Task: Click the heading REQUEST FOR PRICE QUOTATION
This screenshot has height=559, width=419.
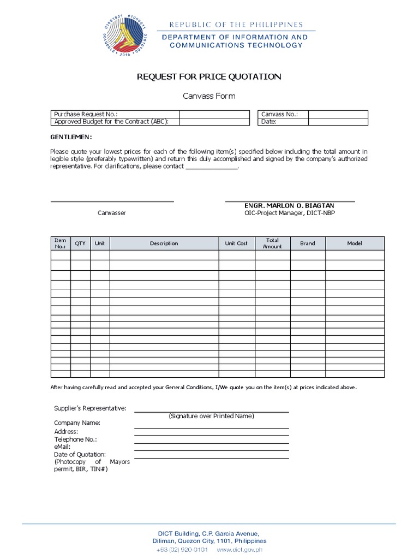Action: coord(209,77)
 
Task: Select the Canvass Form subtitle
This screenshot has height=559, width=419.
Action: coord(209,96)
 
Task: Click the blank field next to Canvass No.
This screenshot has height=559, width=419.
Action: coord(338,114)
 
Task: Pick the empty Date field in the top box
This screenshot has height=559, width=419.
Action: coord(338,122)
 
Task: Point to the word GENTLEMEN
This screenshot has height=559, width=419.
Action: coord(71,136)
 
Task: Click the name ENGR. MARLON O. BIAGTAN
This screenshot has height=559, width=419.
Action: coord(290,205)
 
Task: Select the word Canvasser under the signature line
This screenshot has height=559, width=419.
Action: coord(111,213)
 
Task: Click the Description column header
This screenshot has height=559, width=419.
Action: coord(164,243)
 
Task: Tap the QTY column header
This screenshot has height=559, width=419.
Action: coord(80,243)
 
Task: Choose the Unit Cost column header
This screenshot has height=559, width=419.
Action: coord(236,243)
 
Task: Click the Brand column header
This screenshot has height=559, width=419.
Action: coord(308,243)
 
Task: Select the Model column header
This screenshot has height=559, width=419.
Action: coord(355,243)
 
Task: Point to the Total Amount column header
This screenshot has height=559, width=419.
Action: coord(272,243)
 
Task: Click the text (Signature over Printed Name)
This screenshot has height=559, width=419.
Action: coord(211,416)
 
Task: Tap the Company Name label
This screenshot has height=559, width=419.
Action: coord(77,423)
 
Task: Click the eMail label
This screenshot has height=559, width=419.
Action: coord(63,447)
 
